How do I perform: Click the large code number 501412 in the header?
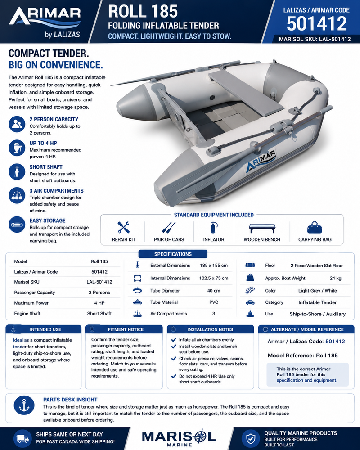tap(316, 23)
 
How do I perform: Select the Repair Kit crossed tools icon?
tap(123, 227)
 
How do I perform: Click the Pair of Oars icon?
tap(169, 227)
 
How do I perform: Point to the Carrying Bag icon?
tap(315, 227)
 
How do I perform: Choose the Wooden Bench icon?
tap(262, 228)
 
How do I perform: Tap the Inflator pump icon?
tap(214, 227)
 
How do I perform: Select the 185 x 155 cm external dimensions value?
tap(214, 265)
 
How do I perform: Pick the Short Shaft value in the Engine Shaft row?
tap(99, 313)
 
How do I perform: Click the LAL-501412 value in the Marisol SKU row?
tap(99, 282)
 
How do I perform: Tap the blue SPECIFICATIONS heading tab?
tap(173, 254)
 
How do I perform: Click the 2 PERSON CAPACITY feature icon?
tap(17, 124)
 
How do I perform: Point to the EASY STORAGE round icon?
tap(17, 224)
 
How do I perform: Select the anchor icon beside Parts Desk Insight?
tap(24, 405)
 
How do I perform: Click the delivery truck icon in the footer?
tap(22, 438)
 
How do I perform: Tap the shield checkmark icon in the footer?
tap(251, 438)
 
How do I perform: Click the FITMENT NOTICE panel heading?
tap(126, 329)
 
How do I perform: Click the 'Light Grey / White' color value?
tap(318, 290)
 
